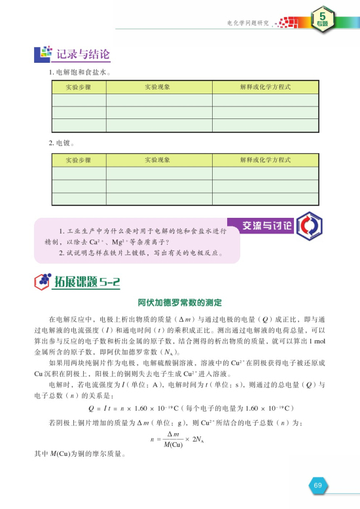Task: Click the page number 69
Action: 317,485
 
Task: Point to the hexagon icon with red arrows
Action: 306,226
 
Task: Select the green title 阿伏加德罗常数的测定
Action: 179,303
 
